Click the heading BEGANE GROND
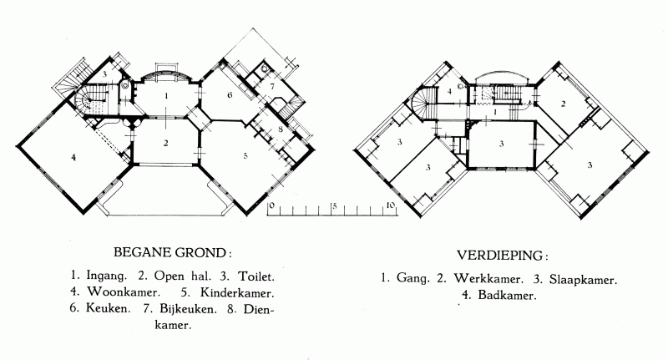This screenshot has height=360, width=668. [170, 252]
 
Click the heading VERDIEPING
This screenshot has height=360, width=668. [499, 256]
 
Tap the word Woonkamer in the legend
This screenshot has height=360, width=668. [124, 292]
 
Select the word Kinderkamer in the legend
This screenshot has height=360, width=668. [237, 292]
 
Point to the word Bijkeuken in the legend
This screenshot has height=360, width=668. [188, 308]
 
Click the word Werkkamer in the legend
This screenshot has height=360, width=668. [488, 279]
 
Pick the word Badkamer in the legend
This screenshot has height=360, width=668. [507, 295]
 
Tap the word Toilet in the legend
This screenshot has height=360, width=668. [255, 276]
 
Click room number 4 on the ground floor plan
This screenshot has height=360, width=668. [73, 158]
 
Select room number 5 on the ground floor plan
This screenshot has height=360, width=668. [245, 155]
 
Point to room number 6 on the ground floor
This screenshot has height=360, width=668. [230, 94]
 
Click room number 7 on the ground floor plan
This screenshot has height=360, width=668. [273, 86]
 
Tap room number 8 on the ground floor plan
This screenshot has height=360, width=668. [281, 129]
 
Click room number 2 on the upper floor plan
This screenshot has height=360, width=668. [563, 104]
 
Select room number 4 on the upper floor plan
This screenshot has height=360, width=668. [449, 91]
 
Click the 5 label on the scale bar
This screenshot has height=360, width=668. [335, 206]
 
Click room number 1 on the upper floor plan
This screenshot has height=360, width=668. [495, 112]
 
